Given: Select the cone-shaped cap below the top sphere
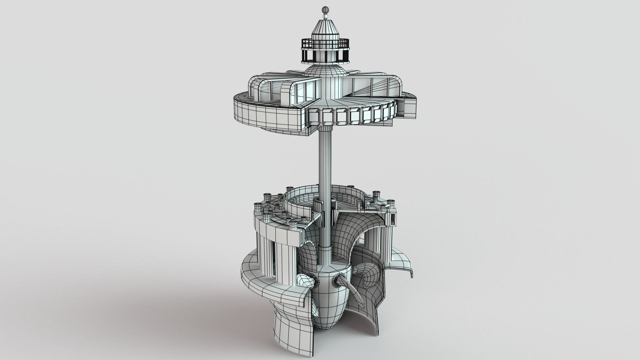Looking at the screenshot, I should point(325,28).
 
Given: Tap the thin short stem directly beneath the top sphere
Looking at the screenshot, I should point(325,14).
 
